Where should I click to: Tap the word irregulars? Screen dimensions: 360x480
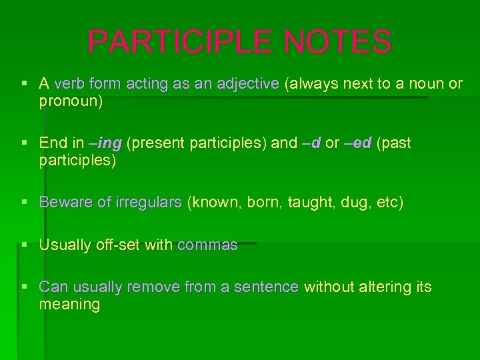(148, 202)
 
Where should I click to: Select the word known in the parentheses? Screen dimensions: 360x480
(217, 202)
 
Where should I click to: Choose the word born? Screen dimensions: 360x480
(264, 202)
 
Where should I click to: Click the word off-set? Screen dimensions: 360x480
(118, 245)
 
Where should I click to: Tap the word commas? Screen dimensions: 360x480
(207, 245)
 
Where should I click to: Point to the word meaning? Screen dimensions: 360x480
(69, 305)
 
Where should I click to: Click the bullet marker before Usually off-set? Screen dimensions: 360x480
(25, 245)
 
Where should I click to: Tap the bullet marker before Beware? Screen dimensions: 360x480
(25, 202)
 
